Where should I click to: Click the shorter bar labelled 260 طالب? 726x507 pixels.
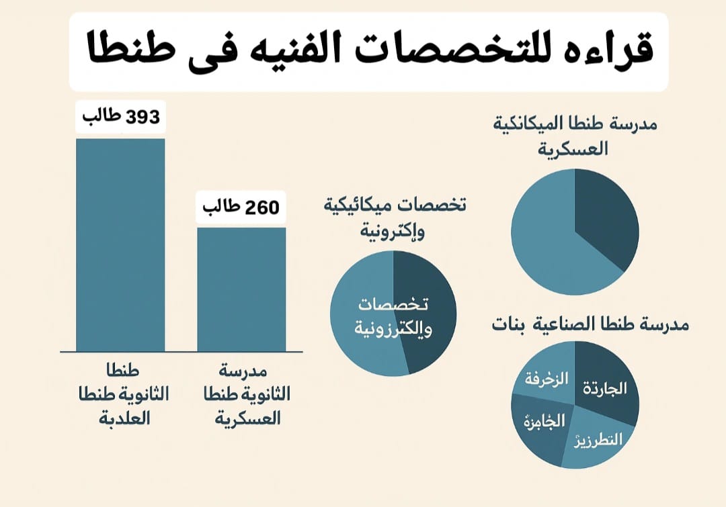(241, 289)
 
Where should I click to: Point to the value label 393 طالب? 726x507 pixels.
(121, 117)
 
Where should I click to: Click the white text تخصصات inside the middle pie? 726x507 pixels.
(393, 304)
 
